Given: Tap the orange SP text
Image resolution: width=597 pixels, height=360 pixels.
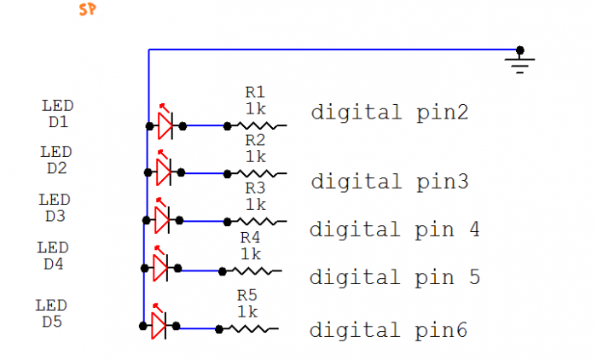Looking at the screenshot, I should pyautogui.click(x=86, y=10).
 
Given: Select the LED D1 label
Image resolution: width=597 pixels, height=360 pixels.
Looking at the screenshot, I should pyautogui.click(x=58, y=113).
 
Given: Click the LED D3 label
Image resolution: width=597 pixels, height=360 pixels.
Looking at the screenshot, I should pyautogui.click(x=55, y=207).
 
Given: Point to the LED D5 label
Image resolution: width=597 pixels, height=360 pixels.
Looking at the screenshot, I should pyautogui.click(x=52, y=313).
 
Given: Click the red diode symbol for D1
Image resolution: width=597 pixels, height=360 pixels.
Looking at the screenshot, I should pyautogui.click(x=165, y=125).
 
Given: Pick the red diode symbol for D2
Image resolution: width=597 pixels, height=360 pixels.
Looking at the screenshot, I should pyautogui.click(x=163, y=171).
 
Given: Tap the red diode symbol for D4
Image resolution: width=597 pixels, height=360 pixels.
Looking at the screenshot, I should pyautogui.click(x=159, y=268).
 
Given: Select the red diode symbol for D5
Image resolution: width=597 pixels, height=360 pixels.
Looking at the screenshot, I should pyautogui.click(x=158, y=324).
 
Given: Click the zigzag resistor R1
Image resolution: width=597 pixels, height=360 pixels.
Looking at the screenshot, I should pyautogui.click(x=259, y=125).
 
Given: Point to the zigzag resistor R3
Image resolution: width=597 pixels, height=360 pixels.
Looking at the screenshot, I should pyautogui.click(x=258, y=221).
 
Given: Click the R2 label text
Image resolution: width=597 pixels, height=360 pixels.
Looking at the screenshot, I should pyautogui.click(x=255, y=140).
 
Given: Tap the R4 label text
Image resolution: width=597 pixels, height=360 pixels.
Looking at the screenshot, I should pyautogui.click(x=251, y=237).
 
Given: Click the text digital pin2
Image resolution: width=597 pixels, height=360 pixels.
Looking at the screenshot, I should pyautogui.click(x=389, y=113).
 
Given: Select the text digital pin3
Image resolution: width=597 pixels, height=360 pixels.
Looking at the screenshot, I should pyautogui.click(x=389, y=182).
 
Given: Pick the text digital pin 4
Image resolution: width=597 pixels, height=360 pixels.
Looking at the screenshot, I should pyautogui.click(x=394, y=229).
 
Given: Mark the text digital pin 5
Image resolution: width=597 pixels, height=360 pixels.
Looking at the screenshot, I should pyautogui.click(x=394, y=277).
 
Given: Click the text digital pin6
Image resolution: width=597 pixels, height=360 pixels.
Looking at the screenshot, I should pyautogui.click(x=388, y=330).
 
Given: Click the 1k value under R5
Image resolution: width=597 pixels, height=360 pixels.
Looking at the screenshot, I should pyautogui.click(x=247, y=312).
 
